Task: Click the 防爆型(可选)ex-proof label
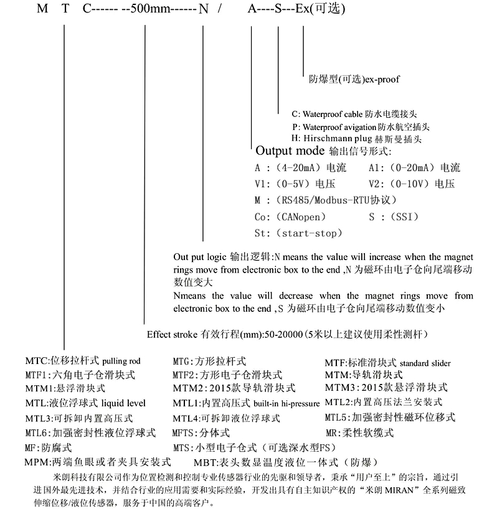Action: click(x=354, y=80)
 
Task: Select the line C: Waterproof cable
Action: click(x=360, y=114)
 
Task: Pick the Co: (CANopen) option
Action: click(x=290, y=217)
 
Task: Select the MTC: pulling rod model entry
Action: click(x=83, y=361)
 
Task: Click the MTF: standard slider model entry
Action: click(x=387, y=363)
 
